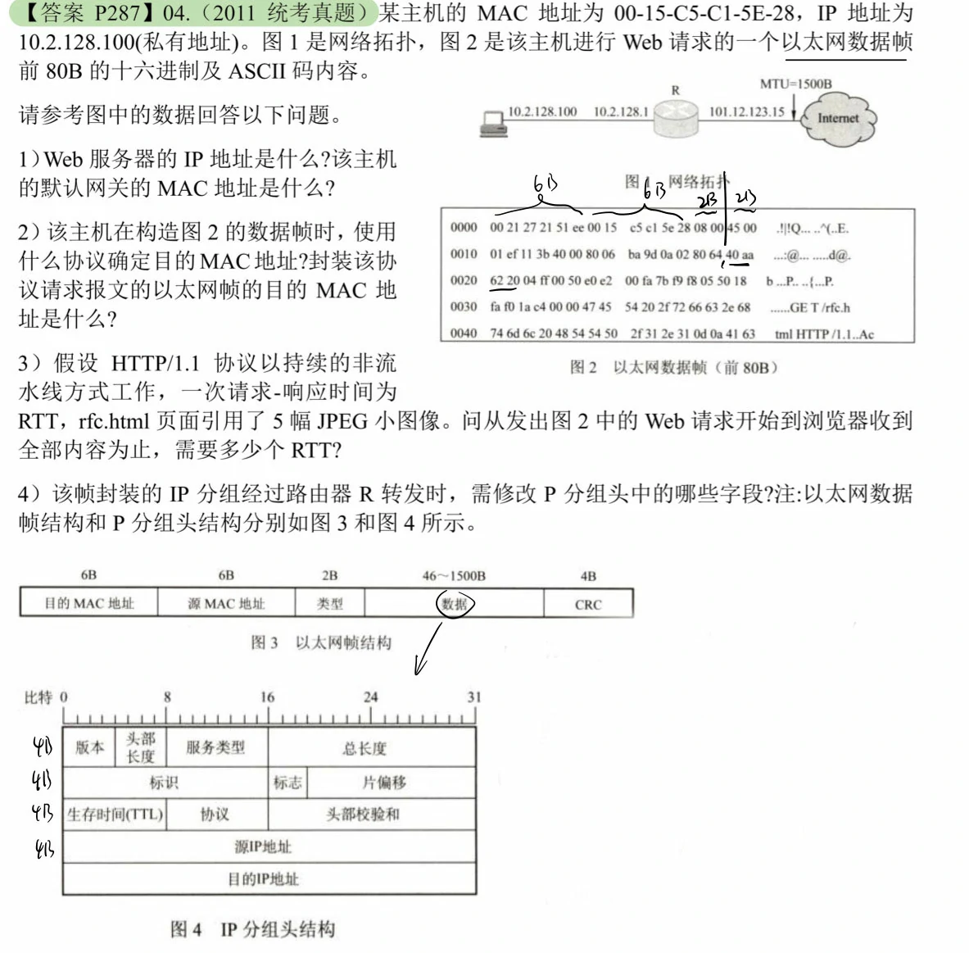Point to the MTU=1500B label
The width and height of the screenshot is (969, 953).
tap(795, 84)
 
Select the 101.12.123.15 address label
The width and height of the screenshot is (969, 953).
tap(746, 111)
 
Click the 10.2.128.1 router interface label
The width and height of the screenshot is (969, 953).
tap(620, 111)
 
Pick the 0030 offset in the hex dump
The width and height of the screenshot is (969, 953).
tap(463, 307)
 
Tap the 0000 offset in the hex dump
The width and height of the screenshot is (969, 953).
tap(463, 228)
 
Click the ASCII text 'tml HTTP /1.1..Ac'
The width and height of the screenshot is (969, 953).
tap(823, 334)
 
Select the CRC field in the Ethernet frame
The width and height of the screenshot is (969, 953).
tap(587, 605)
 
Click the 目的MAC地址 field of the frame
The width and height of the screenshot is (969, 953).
tap(88, 604)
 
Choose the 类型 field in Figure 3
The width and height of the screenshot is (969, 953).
tap(329, 604)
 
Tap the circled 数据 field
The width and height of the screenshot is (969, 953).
tap(455, 605)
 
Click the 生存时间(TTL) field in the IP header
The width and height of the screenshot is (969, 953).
tap(115, 815)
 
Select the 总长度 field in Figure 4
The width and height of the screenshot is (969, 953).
tap(365, 748)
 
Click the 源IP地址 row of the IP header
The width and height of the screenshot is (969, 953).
tap(263, 846)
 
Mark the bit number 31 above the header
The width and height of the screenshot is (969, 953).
tap(473, 697)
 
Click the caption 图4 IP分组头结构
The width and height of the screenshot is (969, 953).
tap(252, 929)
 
